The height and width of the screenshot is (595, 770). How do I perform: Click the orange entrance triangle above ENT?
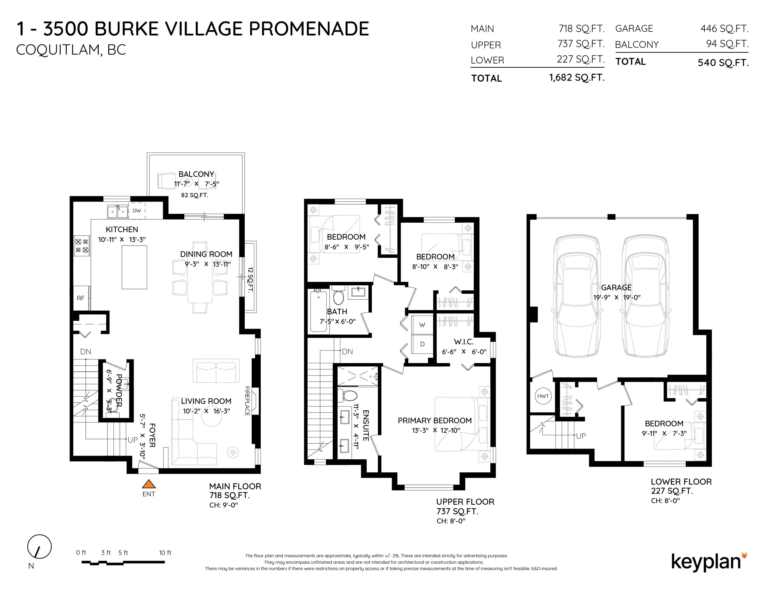[149, 484]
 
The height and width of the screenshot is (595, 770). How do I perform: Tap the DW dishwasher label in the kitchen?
[137, 211]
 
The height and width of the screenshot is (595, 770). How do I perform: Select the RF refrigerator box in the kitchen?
[81, 298]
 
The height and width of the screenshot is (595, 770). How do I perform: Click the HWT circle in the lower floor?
[543, 396]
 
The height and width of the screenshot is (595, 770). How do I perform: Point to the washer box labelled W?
[422, 325]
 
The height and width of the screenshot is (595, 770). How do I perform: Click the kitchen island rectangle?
[134, 267]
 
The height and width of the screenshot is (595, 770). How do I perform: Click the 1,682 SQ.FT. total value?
[577, 77]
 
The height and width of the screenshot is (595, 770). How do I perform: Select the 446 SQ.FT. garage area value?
[724, 29]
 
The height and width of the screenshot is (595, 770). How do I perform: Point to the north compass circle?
[40, 547]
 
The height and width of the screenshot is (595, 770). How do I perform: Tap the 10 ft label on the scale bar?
[165, 553]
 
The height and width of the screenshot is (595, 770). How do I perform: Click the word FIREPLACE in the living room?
[247, 401]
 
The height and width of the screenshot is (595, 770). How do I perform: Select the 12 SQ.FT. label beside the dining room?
[250, 280]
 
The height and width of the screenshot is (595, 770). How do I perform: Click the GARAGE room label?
[616, 288]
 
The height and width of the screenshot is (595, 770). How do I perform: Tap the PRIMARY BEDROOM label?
[434, 420]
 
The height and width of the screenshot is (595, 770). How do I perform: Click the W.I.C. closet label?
[464, 342]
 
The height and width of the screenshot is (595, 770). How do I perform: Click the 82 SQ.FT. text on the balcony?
[195, 195]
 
